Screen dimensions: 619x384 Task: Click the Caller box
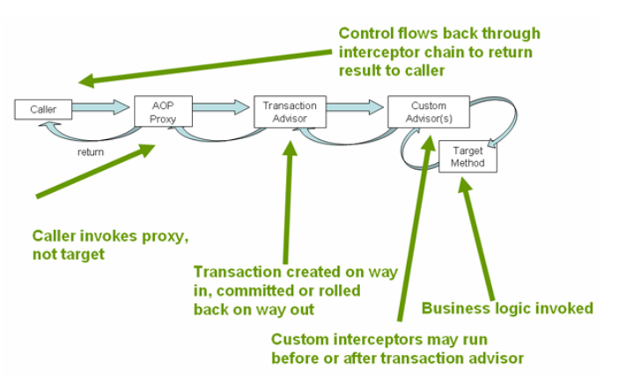click(x=43, y=109)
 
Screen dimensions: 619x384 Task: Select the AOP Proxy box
click(x=163, y=111)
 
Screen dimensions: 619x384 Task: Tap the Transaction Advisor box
click(x=290, y=111)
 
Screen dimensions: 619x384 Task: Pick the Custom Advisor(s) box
click(x=429, y=111)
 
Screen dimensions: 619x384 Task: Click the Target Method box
click(x=468, y=157)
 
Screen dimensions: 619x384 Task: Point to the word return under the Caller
click(x=91, y=152)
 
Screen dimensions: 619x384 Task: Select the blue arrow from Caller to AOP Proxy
click(x=101, y=107)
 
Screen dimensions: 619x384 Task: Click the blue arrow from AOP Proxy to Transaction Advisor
click(x=221, y=107)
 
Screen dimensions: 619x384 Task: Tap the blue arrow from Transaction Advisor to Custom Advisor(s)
click(x=355, y=107)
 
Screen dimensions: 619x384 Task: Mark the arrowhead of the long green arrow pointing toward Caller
click(x=87, y=81)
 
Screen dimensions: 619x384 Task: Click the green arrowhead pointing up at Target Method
click(x=464, y=184)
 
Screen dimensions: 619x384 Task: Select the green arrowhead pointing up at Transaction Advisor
click(x=291, y=148)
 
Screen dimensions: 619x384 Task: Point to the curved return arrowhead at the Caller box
click(x=47, y=125)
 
